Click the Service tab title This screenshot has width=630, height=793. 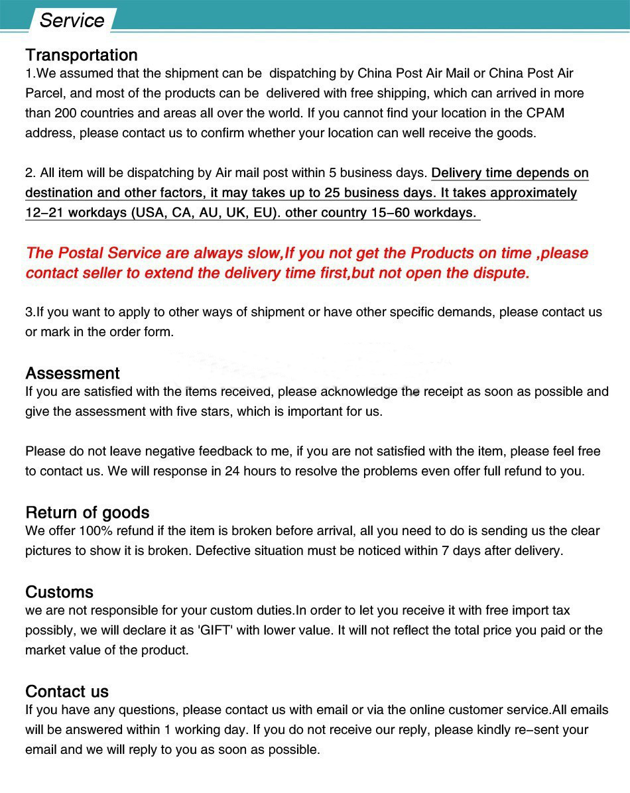(72, 21)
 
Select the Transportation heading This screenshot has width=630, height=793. (82, 55)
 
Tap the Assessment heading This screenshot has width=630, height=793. (73, 373)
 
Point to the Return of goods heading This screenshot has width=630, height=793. (88, 513)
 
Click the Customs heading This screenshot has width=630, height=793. (60, 592)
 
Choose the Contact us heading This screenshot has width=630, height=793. (67, 692)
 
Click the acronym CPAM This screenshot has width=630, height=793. (545, 113)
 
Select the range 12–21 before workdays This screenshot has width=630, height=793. (43, 213)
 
